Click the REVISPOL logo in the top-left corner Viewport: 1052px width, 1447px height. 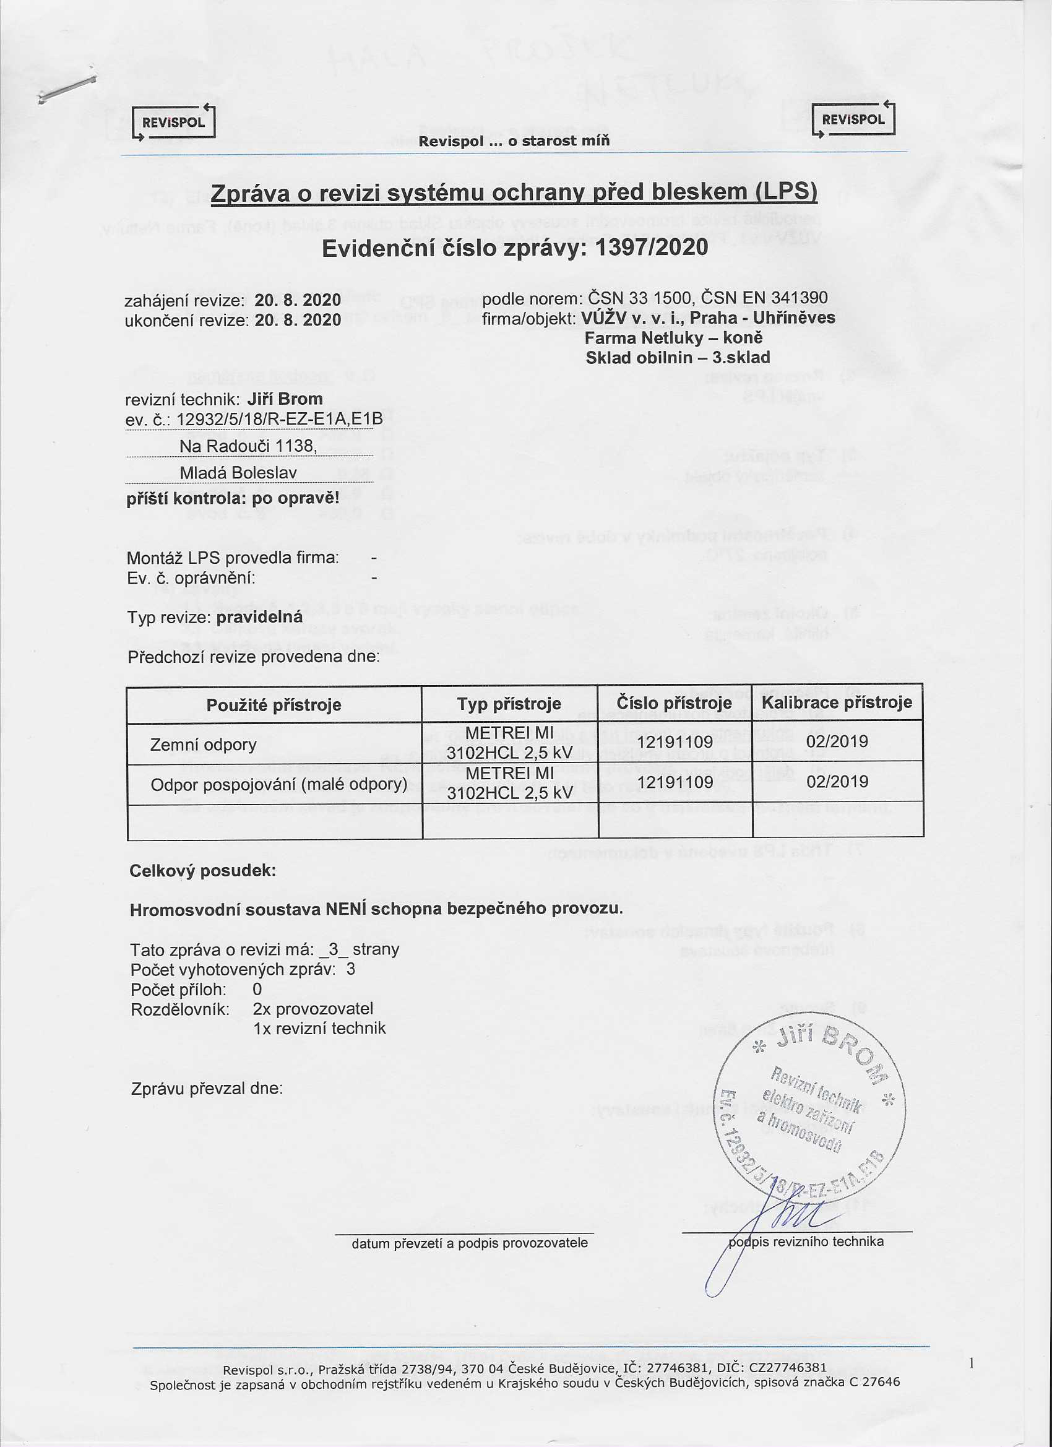(x=173, y=121)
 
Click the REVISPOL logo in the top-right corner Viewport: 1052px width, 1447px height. (x=853, y=119)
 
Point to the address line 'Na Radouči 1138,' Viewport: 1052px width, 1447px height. (x=248, y=446)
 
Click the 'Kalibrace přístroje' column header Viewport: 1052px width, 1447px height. (x=837, y=703)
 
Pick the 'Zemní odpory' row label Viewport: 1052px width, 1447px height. (x=203, y=745)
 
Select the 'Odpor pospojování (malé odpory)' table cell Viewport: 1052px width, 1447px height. (x=279, y=784)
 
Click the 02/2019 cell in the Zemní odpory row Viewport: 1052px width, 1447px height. (x=837, y=741)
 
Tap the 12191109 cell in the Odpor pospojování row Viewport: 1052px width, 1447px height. (x=675, y=782)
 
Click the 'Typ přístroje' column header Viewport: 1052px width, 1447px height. (x=509, y=704)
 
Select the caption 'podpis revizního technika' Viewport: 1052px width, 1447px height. (x=806, y=1241)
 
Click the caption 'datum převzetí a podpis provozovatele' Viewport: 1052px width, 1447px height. (x=470, y=1243)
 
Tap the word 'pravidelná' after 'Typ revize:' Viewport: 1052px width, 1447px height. (x=260, y=618)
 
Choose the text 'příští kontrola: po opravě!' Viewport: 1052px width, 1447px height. (x=233, y=498)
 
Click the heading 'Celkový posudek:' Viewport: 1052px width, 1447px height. (x=203, y=870)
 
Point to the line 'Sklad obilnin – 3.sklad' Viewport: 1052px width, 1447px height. (x=678, y=357)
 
